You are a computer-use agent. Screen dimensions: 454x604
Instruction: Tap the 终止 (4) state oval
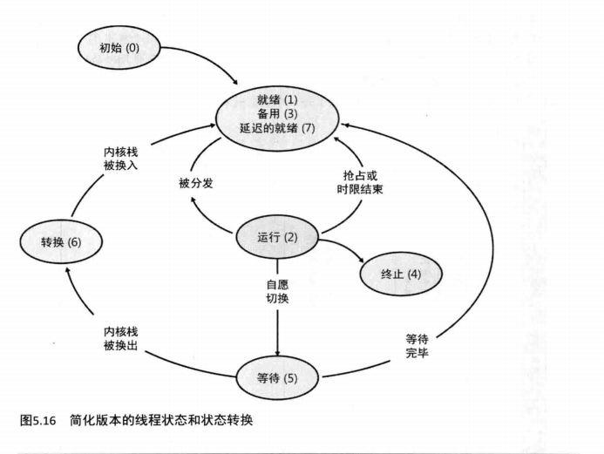coord(401,274)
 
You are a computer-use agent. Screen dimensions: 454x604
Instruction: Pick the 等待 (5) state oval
coord(278,378)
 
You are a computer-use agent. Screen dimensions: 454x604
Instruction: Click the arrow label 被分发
coord(196,182)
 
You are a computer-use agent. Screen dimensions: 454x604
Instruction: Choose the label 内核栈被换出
coord(121,339)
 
